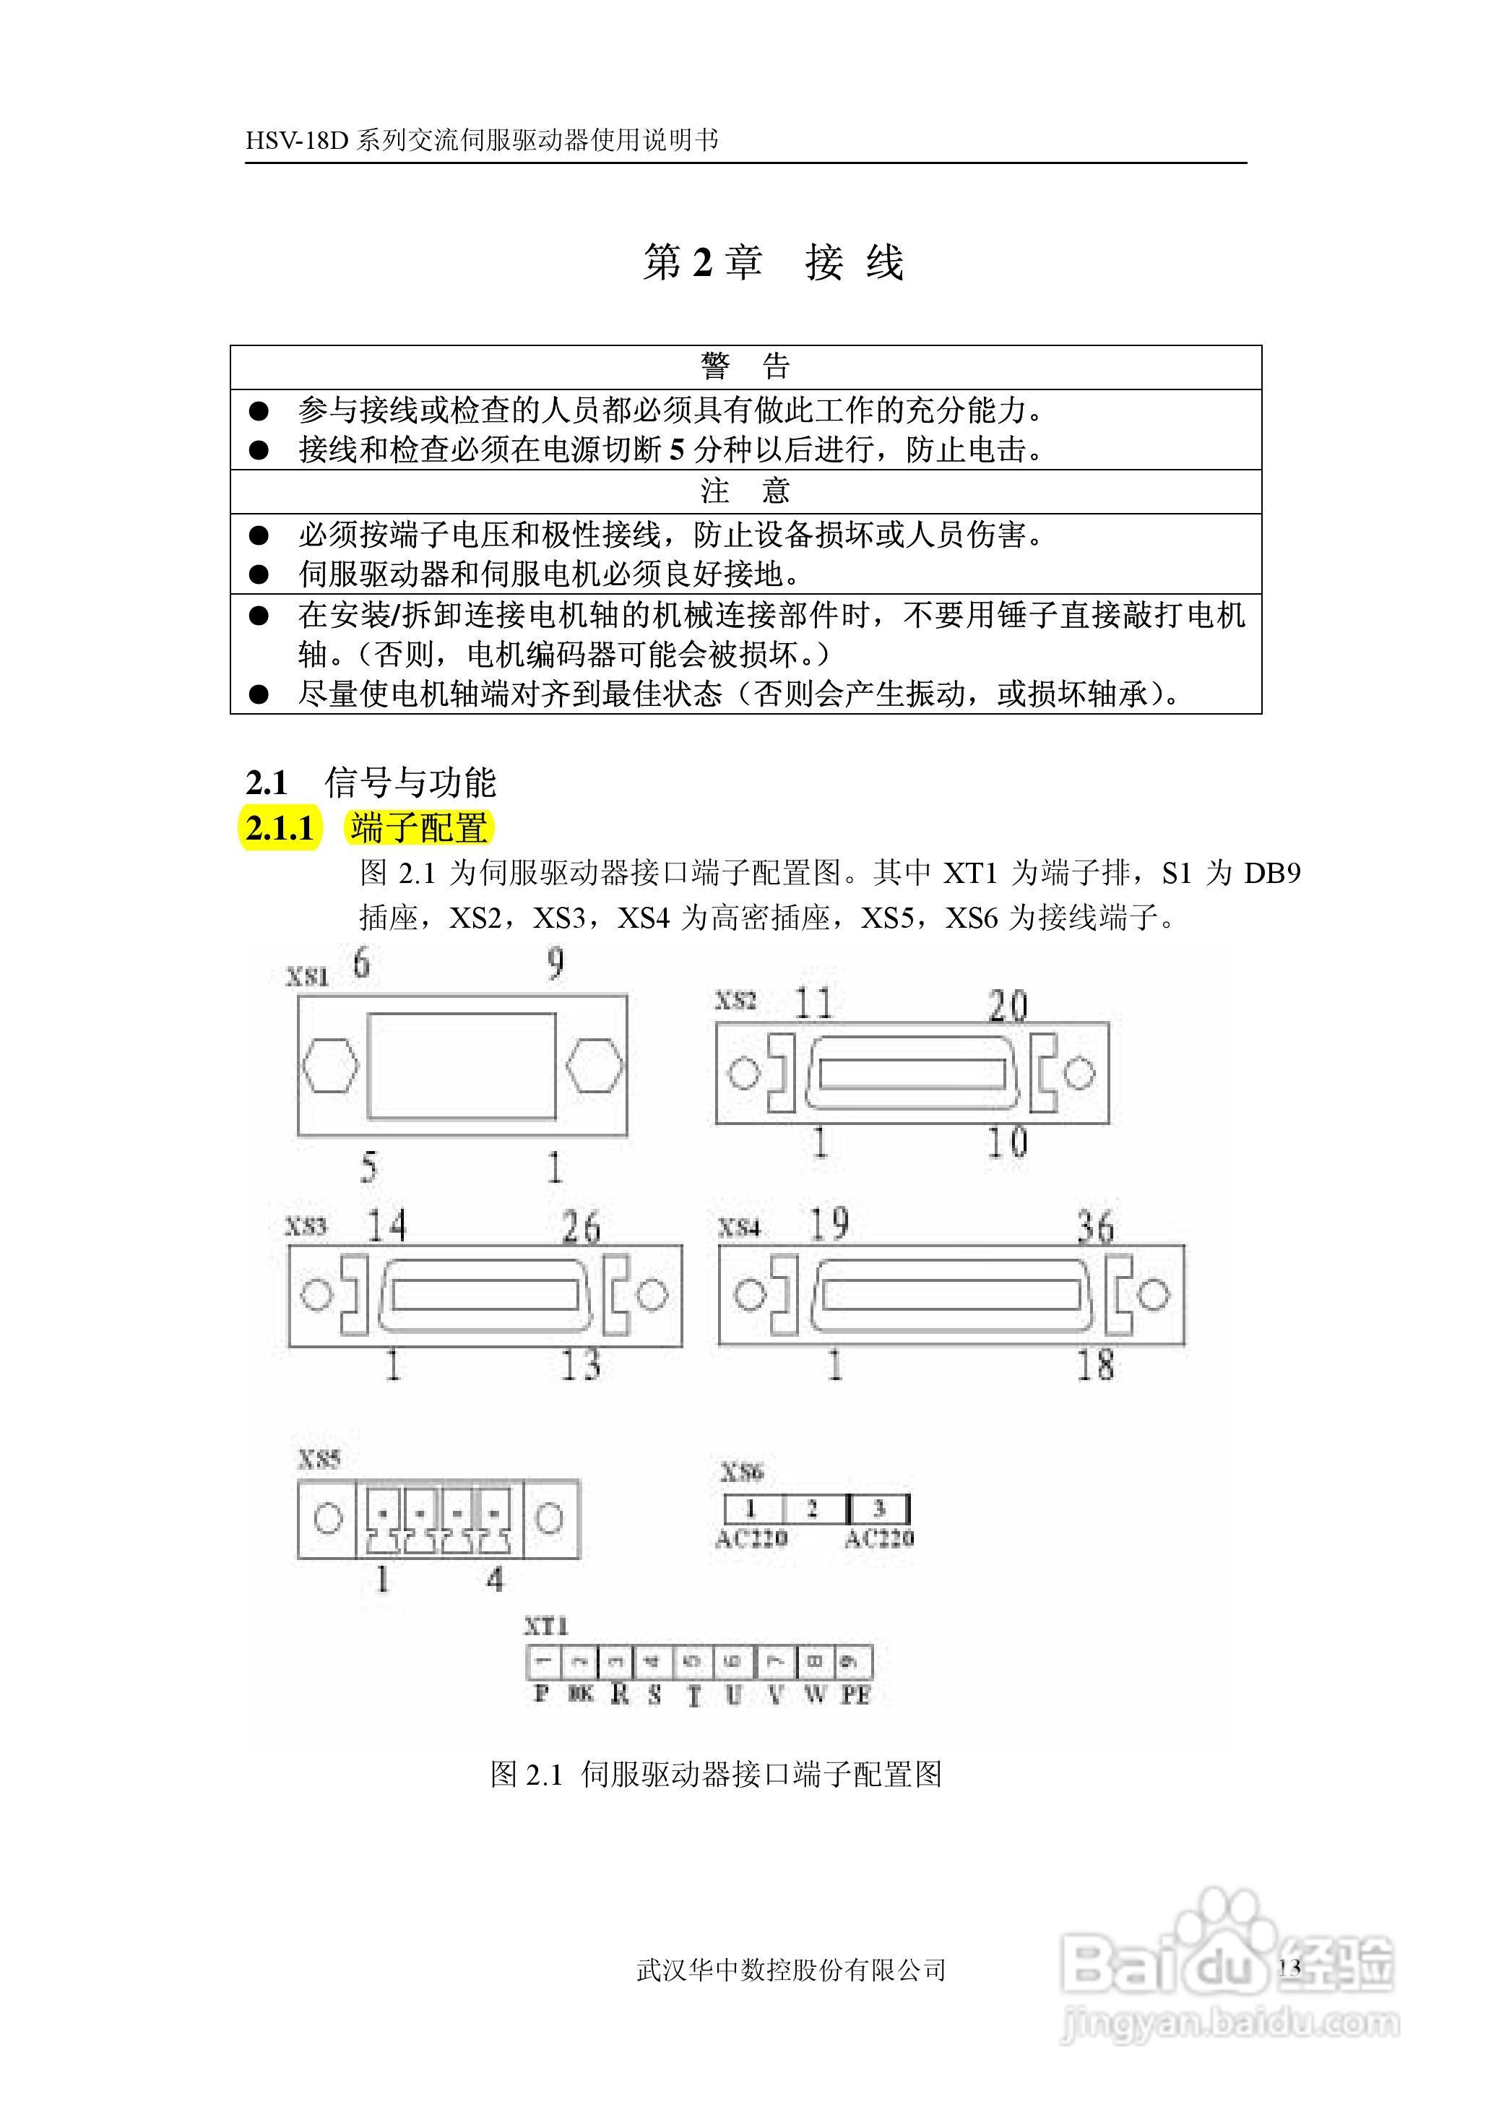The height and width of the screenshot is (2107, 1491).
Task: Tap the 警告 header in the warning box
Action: (x=745, y=366)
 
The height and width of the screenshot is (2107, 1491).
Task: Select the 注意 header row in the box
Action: (x=745, y=491)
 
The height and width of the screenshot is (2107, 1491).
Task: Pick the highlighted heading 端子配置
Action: (x=419, y=828)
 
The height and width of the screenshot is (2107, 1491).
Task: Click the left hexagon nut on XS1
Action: (x=329, y=1066)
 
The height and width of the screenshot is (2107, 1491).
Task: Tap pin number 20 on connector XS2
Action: (x=1007, y=1005)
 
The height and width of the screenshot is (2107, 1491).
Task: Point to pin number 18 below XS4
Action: (x=1094, y=1365)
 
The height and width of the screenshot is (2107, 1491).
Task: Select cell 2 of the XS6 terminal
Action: (x=813, y=1509)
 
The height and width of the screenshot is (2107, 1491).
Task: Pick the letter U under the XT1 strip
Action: (x=732, y=1695)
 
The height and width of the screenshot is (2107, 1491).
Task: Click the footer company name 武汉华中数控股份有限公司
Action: (x=792, y=1969)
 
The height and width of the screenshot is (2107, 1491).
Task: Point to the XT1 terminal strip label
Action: (x=545, y=1626)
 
